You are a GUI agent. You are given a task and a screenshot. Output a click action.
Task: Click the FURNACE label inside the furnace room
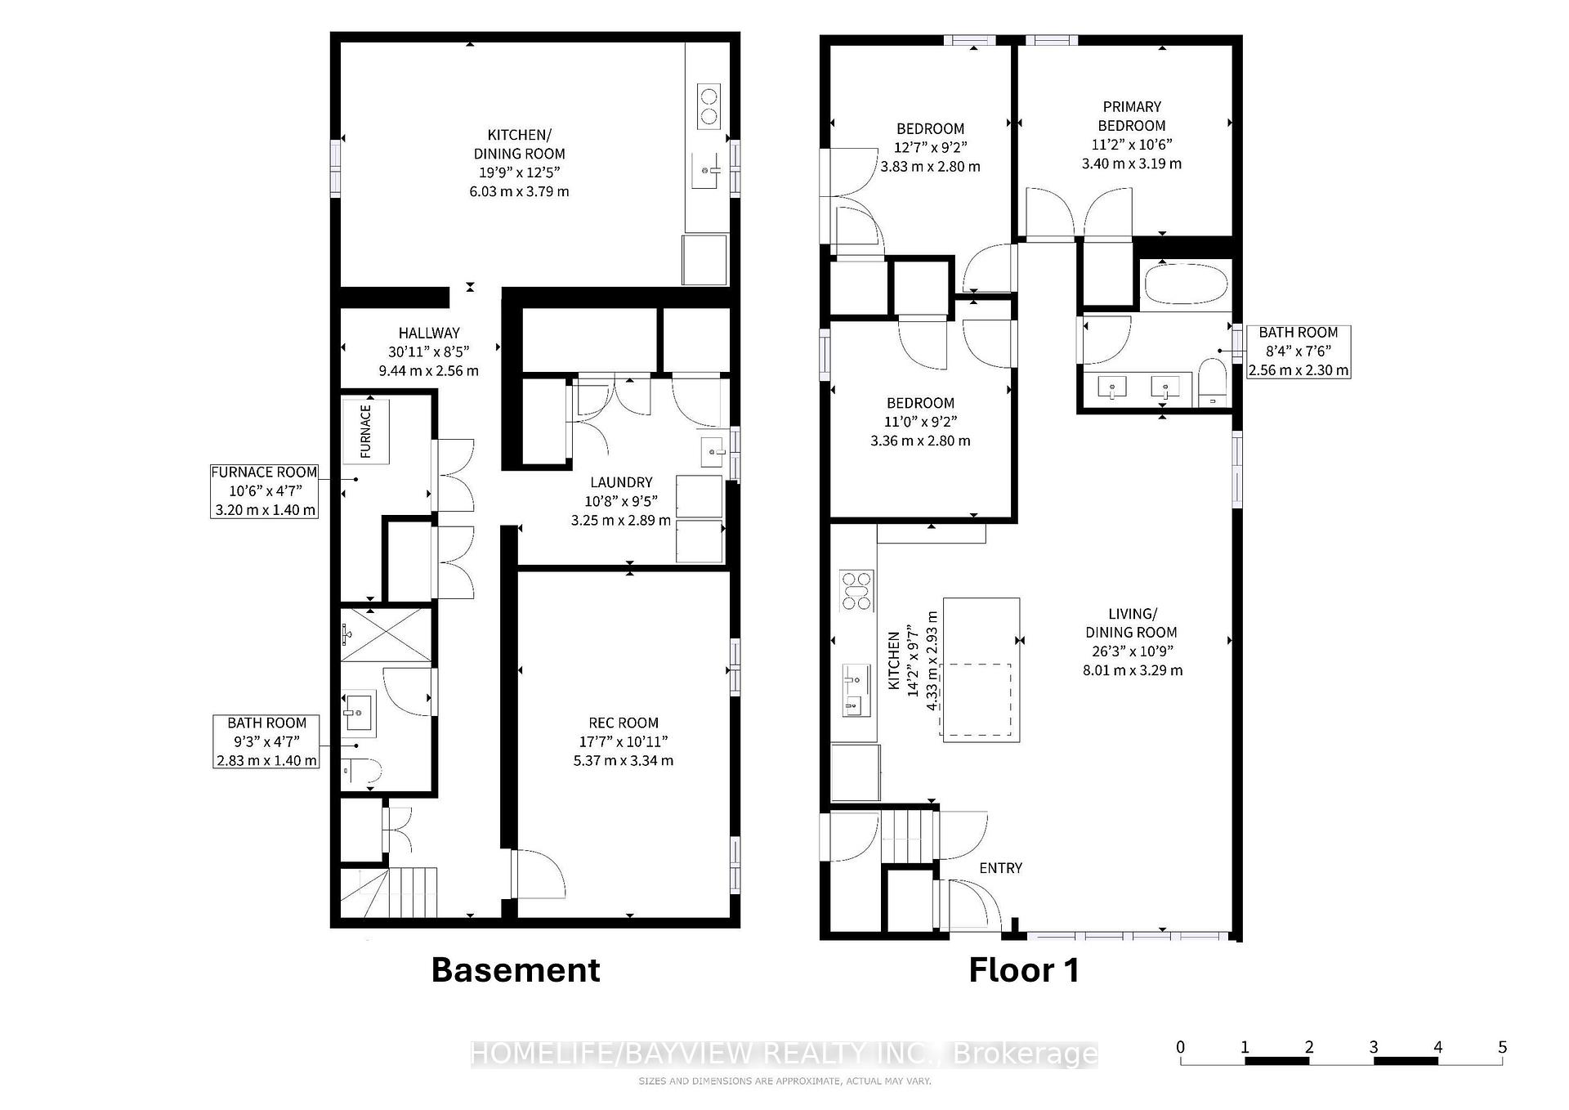(365, 431)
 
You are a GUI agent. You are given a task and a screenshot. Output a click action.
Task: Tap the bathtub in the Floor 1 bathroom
(1186, 285)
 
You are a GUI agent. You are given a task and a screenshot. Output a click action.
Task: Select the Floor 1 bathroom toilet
(1213, 384)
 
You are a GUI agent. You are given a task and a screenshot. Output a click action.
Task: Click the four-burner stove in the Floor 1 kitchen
(856, 591)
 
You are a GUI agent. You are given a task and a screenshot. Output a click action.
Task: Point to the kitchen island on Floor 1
(981, 669)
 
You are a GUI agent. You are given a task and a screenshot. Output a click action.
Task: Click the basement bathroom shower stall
(385, 634)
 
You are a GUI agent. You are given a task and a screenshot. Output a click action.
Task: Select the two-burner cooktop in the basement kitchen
(709, 106)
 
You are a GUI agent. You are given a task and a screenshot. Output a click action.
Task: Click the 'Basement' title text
(516, 970)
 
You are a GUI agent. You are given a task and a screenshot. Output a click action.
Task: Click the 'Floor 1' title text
(1024, 970)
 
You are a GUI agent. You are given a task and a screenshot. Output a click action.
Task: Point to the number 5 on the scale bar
(1502, 1047)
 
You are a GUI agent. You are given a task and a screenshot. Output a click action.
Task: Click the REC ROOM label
(624, 723)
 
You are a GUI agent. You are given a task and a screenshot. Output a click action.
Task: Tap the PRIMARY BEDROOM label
(1131, 116)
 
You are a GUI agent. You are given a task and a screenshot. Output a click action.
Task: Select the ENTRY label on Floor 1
(1000, 868)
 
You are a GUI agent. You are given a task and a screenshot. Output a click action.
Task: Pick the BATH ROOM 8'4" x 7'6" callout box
(1299, 351)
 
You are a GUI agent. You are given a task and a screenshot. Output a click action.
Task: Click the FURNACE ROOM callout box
(264, 490)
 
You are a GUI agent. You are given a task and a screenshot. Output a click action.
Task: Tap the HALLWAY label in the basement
(429, 333)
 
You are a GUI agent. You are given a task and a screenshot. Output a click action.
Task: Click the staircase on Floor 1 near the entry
(907, 835)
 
